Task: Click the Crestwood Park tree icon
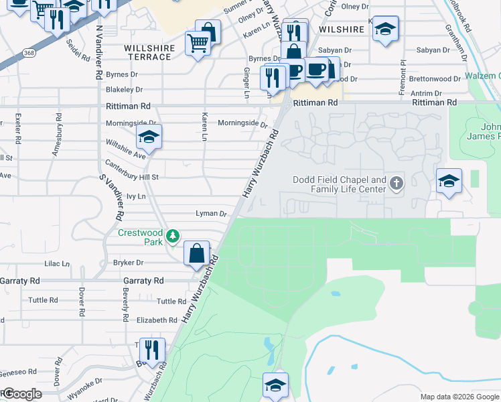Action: pyautogui.click(x=173, y=235)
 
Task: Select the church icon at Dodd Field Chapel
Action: pyautogui.click(x=397, y=183)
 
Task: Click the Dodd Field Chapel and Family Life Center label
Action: pyautogui.click(x=340, y=184)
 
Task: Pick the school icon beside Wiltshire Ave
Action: pyautogui.click(x=149, y=139)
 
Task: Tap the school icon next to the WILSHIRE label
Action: pyautogui.click(x=385, y=29)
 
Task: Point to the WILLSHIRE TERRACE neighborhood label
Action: pyautogui.click(x=149, y=53)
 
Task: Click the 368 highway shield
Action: pyautogui.click(x=28, y=52)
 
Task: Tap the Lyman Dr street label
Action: pyautogui.click(x=211, y=214)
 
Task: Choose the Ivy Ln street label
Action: pyautogui.click(x=136, y=196)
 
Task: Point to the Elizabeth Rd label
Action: pyautogui.click(x=155, y=320)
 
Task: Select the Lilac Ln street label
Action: pyautogui.click(x=57, y=264)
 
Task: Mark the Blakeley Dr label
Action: pyautogui.click(x=124, y=89)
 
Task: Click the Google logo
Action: pyautogui.click(x=21, y=394)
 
